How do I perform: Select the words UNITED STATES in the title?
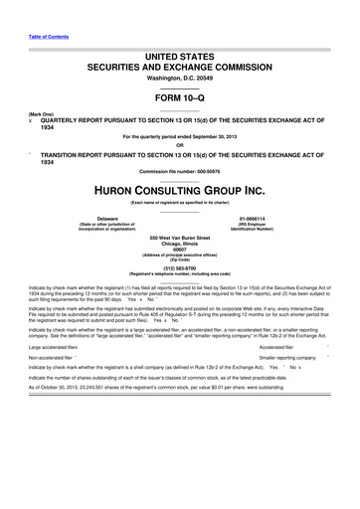click(x=180, y=61)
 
